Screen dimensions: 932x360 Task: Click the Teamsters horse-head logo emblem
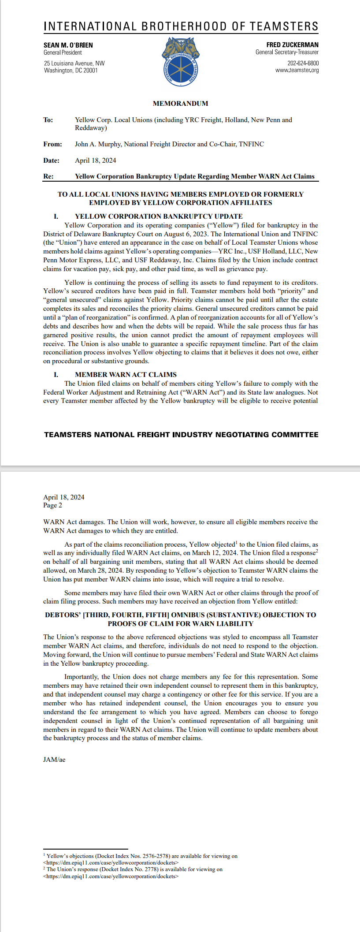181,62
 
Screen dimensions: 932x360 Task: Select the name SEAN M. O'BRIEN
68,45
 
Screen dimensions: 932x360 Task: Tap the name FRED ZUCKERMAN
292,45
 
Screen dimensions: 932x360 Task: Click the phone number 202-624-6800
303,63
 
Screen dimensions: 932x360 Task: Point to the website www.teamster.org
297,70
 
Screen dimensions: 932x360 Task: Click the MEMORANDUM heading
180,104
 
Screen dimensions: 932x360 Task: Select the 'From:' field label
52,144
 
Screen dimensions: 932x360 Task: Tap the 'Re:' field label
48,176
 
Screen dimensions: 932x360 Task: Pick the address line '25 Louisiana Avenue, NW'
74,63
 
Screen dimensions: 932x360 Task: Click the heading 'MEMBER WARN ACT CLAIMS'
126,375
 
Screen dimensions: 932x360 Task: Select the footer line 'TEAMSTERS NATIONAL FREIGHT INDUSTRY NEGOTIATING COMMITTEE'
181,435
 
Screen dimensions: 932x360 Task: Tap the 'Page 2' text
52,505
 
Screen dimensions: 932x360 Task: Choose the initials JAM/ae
54,760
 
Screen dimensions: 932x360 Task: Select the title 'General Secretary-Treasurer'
287,52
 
